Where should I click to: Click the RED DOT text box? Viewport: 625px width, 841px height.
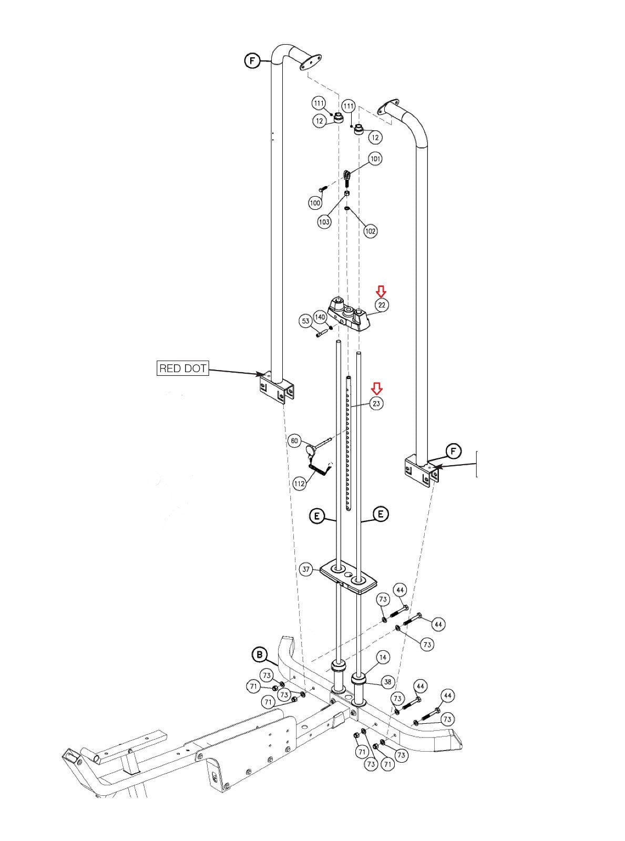pyautogui.click(x=183, y=368)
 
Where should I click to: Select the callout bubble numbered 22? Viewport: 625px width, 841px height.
pyautogui.click(x=382, y=305)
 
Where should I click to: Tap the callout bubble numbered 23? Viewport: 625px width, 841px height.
pyautogui.click(x=376, y=404)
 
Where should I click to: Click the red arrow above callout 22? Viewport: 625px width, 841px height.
pyautogui.click(x=381, y=292)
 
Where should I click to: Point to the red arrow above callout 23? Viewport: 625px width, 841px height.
pyautogui.click(x=376, y=388)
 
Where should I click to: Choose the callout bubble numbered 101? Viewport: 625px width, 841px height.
pyautogui.click(x=375, y=159)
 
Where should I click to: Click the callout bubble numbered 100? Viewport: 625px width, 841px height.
pyautogui.click(x=315, y=203)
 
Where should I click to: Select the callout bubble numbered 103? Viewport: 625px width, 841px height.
pyautogui.click(x=324, y=221)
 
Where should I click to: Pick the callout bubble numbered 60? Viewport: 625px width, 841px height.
pyautogui.click(x=295, y=440)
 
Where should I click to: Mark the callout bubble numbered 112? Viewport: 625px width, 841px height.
pyautogui.click(x=300, y=484)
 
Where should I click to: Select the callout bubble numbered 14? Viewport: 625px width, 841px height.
pyautogui.click(x=383, y=657)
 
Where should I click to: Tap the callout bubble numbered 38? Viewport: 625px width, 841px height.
pyautogui.click(x=387, y=682)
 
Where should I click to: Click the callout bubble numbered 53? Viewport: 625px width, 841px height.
pyautogui.click(x=306, y=321)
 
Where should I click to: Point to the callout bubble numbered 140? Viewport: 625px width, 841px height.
pyautogui.click(x=321, y=317)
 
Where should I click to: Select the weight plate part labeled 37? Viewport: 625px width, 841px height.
pyautogui.click(x=349, y=580)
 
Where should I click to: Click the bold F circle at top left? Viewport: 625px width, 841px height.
pyautogui.click(x=253, y=60)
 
